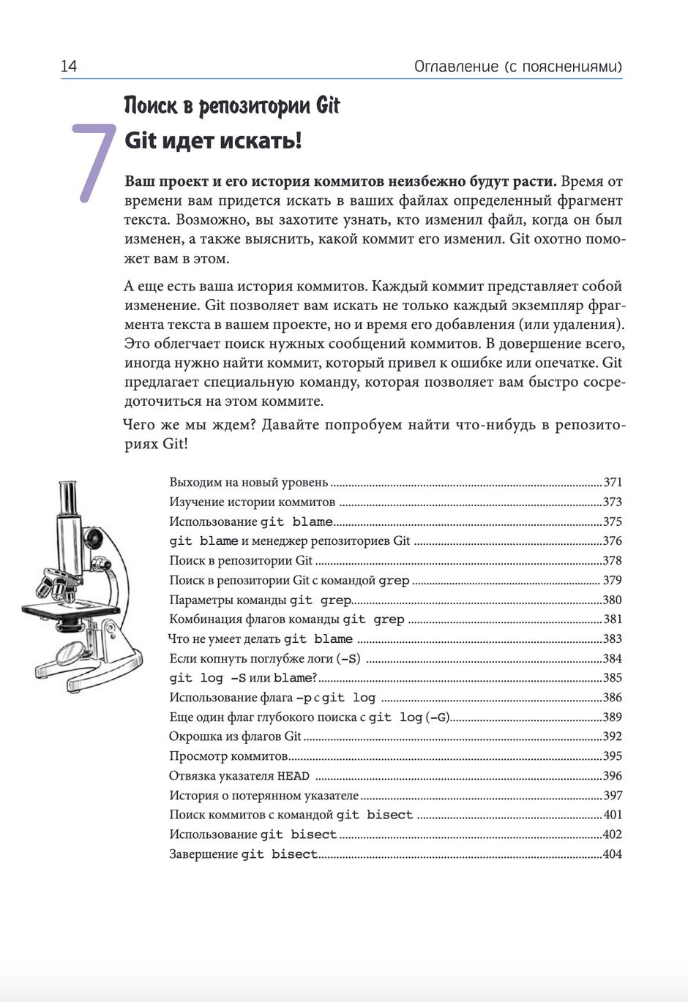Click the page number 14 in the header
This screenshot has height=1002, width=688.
[x=69, y=67]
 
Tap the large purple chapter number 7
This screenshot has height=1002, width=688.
[x=94, y=162]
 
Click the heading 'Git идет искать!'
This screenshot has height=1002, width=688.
[x=213, y=140]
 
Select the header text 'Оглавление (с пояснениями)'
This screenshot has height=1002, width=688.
[x=517, y=67]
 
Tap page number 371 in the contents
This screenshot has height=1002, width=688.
[x=612, y=483]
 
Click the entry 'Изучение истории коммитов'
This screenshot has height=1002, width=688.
[x=253, y=502]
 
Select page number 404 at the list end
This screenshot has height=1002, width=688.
[x=612, y=854]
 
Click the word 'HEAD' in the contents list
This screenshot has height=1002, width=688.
[x=293, y=776]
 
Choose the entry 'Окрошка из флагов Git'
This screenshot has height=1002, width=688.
[x=235, y=737]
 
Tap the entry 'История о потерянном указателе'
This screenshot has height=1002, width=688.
[x=263, y=796]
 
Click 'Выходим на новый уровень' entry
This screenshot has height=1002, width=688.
[x=249, y=483]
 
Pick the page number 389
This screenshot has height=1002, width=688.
[x=612, y=717]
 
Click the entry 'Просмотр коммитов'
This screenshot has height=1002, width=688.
[x=228, y=756]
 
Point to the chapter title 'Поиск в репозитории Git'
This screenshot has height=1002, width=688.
[x=232, y=106]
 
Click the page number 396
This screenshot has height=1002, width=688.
[x=612, y=776]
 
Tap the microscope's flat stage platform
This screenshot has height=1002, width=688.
[x=70, y=609]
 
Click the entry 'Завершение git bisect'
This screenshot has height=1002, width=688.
[x=243, y=854]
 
